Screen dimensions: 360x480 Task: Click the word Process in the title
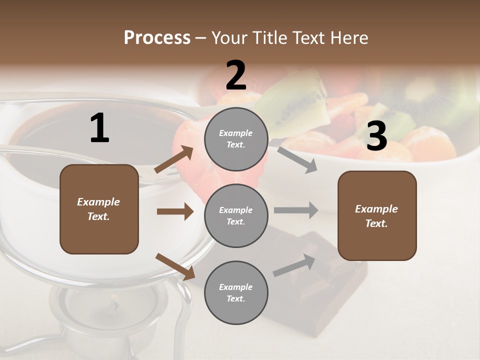click(157, 37)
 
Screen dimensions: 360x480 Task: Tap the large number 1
click(99, 128)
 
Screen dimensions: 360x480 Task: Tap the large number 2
click(236, 75)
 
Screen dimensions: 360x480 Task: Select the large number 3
click(376, 136)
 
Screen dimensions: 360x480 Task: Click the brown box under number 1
click(99, 209)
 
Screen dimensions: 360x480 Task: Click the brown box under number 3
click(377, 215)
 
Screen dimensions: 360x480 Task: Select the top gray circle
click(236, 139)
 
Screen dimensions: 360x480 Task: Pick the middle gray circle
click(236, 215)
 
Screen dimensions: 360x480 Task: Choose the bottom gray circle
click(236, 292)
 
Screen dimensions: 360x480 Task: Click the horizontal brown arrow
click(175, 211)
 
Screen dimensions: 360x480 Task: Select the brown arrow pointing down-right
click(175, 266)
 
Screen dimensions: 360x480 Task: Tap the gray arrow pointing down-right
click(297, 159)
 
